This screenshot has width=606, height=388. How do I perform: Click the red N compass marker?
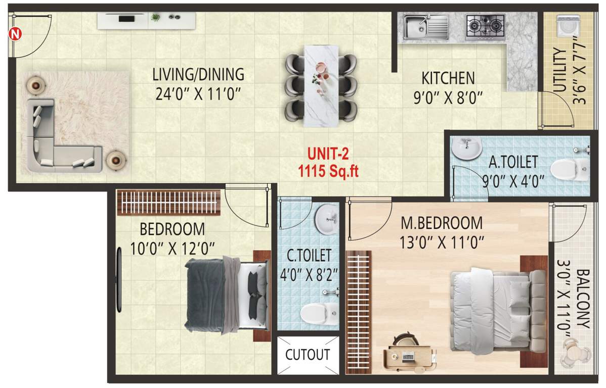tap(15, 34)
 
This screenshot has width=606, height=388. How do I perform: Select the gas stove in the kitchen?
tap(486, 25)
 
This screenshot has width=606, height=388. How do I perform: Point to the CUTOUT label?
tap(308, 355)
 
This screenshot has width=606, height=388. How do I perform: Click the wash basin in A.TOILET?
tap(466, 149)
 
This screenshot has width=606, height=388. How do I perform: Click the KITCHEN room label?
tap(448, 79)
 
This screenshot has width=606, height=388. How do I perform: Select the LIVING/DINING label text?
tap(198, 75)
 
